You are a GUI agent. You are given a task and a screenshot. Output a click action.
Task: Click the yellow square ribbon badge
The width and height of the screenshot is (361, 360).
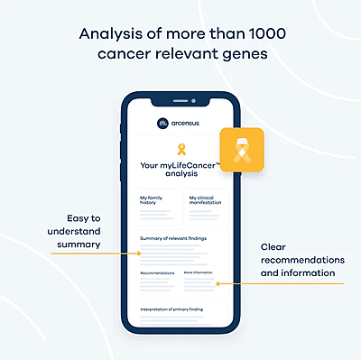[x=241, y=151]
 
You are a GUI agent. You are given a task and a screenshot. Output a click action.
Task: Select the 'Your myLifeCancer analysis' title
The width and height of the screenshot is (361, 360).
[x=181, y=171]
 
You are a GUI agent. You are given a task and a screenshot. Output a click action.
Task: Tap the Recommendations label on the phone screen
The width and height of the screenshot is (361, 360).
[x=157, y=272]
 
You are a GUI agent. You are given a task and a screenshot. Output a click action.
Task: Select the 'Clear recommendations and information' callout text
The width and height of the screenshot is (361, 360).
[x=297, y=260]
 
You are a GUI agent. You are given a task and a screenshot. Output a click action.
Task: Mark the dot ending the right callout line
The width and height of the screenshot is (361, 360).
[x=216, y=284]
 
